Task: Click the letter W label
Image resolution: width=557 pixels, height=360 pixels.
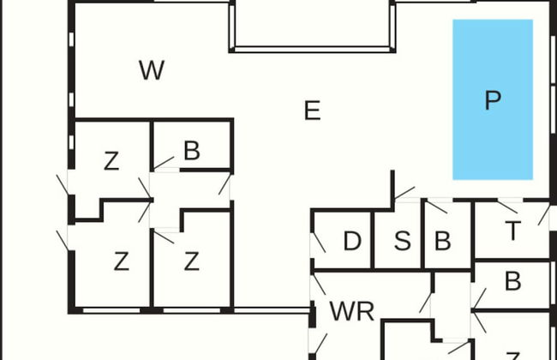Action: pyautogui.click(x=151, y=70)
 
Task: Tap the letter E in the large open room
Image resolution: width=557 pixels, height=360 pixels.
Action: pyautogui.click(x=312, y=110)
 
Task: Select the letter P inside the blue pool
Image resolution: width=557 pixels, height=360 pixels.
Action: pyautogui.click(x=492, y=100)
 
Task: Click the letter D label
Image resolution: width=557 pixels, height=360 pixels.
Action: pyautogui.click(x=351, y=242)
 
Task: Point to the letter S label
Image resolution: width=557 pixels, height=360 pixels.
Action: pyautogui.click(x=402, y=242)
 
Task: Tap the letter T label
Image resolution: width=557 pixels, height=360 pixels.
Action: pyautogui.click(x=512, y=231)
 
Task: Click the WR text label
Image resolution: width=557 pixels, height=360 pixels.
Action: pyautogui.click(x=352, y=311)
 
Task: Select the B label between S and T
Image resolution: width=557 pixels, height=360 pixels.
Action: pyautogui.click(x=442, y=242)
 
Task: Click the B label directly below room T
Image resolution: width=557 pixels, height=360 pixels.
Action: pyautogui.click(x=512, y=281)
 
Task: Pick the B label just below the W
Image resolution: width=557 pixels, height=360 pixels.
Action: pyautogui.click(x=191, y=151)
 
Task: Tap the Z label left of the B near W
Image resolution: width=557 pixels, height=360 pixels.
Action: pyautogui.click(x=111, y=161)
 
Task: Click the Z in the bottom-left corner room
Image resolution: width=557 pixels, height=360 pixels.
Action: pyautogui.click(x=121, y=261)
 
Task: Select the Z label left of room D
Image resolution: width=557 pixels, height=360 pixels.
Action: pyautogui.click(x=192, y=261)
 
